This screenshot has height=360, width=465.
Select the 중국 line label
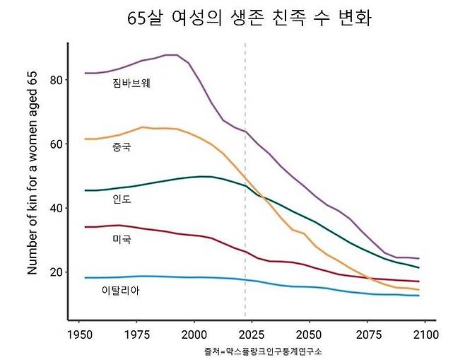coord(122,147)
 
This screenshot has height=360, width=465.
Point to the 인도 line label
coord(122,199)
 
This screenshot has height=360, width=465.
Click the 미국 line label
coord(122,240)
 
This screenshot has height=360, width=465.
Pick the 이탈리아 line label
coord(121,290)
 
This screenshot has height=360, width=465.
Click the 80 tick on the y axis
coord(57,80)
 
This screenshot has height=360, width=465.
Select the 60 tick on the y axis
coord(57,144)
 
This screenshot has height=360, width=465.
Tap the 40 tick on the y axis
coord(57,208)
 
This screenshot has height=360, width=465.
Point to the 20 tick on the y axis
coord(57,272)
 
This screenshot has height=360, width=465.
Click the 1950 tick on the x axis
coord(79,334)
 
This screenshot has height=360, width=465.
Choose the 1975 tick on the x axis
coord(136,334)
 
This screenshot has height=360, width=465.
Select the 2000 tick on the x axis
coord(194,334)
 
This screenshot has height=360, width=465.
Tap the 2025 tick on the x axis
coord(251,334)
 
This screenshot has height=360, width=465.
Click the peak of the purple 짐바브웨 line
coord(171,54)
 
